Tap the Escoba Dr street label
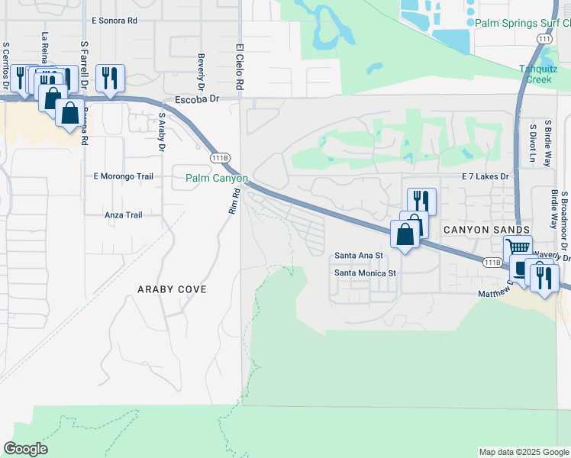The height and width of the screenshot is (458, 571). pyautogui.click(x=197, y=99)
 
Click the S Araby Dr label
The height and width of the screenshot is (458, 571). pyautogui.click(x=162, y=131)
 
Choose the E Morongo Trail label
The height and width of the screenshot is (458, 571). pyautogui.click(x=124, y=176)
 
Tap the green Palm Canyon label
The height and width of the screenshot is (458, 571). pyautogui.click(x=217, y=179)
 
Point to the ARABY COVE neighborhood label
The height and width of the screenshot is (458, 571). pyautogui.click(x=172, y=290)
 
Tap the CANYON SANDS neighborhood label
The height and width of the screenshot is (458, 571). pyautogui.click(x=487, y=230)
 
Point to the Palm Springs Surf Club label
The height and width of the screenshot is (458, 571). pyautogui.click(x=522, y=24)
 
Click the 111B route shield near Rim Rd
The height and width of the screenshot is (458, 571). pyautogui.click(x=220, y=157)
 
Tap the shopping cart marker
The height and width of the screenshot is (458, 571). pyautogui.click(x=518, y=247)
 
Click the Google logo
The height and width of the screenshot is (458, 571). pyautogui.click(x=25, y=449)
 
